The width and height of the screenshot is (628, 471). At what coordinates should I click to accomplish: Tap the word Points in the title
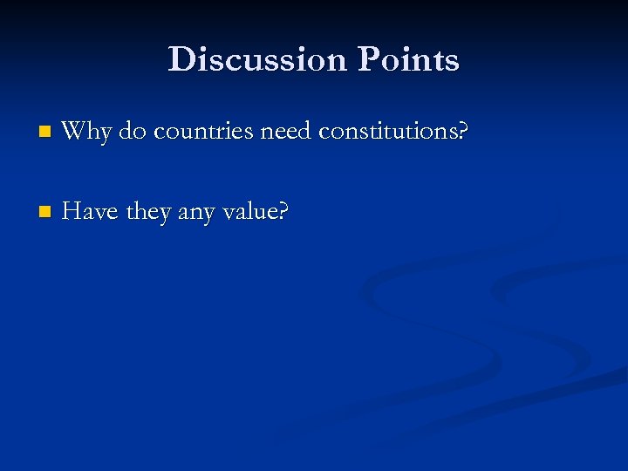click(408, 60)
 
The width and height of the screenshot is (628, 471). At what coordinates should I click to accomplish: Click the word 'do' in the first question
click(133, 132)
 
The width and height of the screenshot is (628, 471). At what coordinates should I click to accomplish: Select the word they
click(150, 212)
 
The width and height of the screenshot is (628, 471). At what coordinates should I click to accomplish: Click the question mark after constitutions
click(464, 133)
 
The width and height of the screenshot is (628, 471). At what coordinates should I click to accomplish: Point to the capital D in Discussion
click(181, 60)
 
